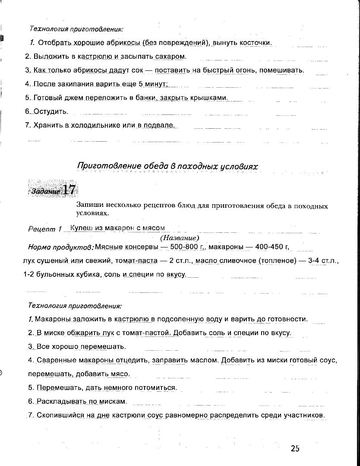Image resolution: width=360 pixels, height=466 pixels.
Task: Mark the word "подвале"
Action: (x=161, y=125)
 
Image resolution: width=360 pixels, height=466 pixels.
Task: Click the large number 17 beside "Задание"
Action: (x=69, y=190)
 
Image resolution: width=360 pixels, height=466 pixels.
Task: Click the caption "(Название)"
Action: (x=179, y=238)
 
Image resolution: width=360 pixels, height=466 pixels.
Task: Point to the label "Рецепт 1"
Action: (x=45, y=229)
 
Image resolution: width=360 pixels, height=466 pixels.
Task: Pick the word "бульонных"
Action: (x=54, y=275)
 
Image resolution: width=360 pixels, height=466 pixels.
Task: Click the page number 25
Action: (x=295, y=449)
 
